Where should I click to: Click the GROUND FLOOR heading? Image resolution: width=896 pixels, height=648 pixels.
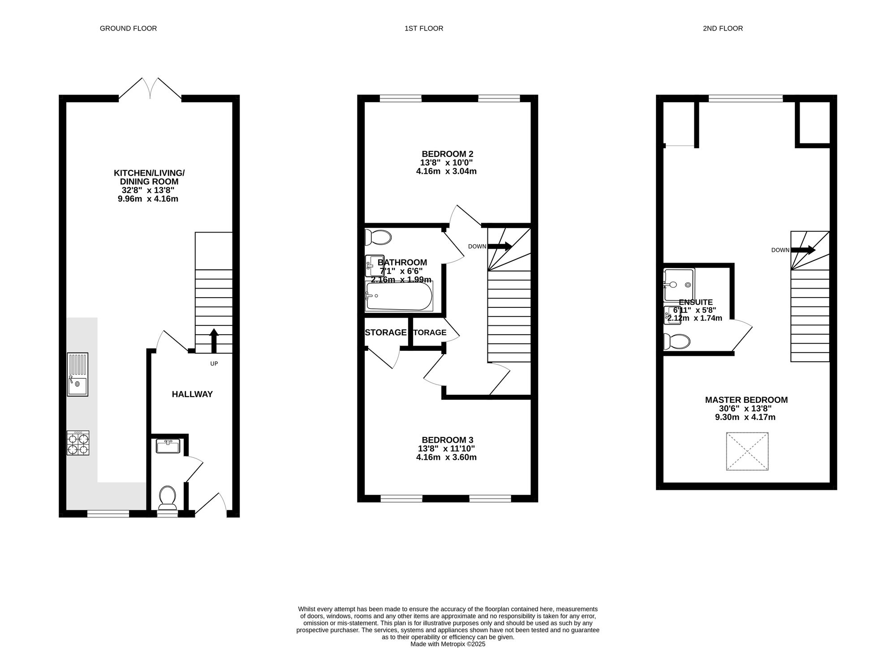[128, 29]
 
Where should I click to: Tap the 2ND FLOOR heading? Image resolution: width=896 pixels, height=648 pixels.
[723, 29]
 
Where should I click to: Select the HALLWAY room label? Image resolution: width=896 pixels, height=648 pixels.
[192, 394]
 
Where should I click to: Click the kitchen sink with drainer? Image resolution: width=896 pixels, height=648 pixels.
[78, 374]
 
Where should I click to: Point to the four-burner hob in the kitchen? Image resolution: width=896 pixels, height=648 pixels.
[78, 443]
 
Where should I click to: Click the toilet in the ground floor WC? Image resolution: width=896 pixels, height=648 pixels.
[168, 498]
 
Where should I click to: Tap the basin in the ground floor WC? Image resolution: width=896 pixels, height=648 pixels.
[168, 446]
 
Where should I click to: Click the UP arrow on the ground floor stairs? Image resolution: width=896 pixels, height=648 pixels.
[214, 341]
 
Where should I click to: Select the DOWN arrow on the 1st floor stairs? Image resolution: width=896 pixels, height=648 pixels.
[499, 246]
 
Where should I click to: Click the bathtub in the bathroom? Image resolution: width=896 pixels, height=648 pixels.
[399, 296]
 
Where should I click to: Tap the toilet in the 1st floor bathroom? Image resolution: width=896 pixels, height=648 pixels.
[378, 237]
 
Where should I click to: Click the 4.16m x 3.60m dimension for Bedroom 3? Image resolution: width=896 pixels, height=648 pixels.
[446, 458]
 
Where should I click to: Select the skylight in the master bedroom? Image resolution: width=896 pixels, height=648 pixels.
[747, 451]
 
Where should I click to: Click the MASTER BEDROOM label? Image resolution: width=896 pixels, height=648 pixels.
[746, 400]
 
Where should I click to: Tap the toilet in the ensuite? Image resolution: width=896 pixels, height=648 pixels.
[677, 341]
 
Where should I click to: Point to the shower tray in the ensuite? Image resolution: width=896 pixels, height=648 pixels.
[679, 285]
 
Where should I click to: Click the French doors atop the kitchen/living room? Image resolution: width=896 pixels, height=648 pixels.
[150, 88]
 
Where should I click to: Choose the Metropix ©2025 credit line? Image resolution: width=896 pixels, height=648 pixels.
[448, 644]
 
